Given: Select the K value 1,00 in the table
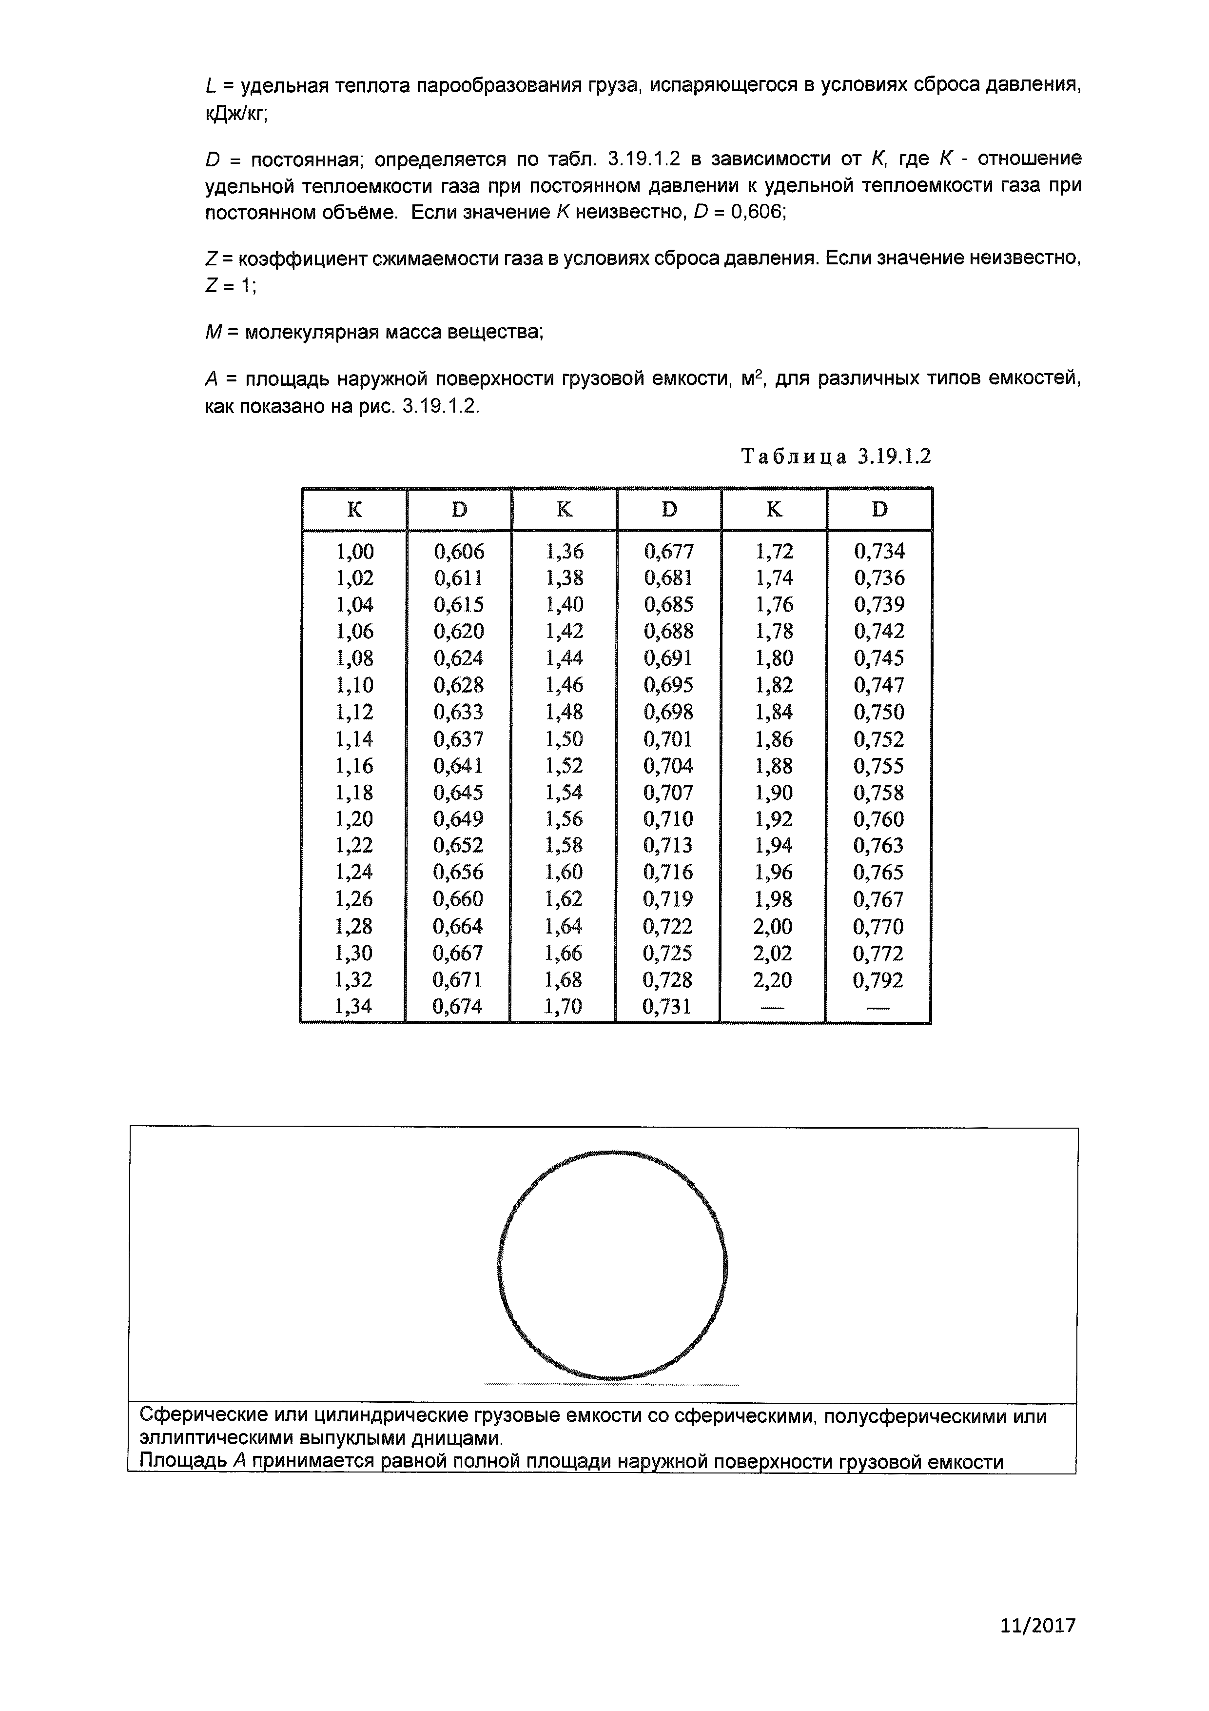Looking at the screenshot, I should pos(354,552).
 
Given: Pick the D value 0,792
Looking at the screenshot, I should pos(878,980).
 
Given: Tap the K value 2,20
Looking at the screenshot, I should pos(773,980).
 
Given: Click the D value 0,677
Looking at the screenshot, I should pos(669,552).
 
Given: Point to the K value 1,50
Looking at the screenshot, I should pos(564,739).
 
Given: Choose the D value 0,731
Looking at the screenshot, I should pos(667,1007).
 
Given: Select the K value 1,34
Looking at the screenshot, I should pos(353,1007).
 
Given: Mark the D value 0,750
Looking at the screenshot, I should pos(879,713).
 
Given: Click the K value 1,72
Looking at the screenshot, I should pos(775,552).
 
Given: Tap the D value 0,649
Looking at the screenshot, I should pos(459,819).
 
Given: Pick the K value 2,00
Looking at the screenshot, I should pos(773,926).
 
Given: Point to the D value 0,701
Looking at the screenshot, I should pos(668,739).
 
